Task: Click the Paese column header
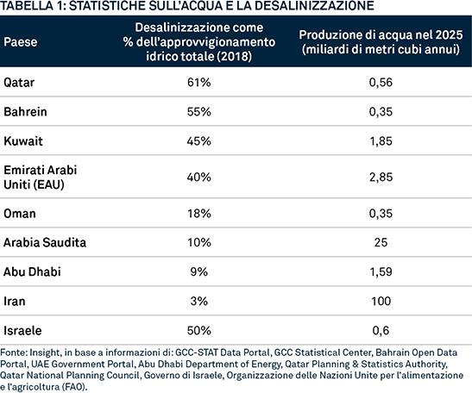click(21, 41)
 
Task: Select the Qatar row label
click(19, 83)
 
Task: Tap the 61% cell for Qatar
click(199, 83)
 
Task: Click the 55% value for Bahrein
click(199, 112)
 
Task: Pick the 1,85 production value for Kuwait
click(381, 141)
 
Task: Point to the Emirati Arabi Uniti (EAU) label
click(41, 177)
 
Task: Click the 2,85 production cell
click(381, 177)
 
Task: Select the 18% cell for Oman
click(199, 214)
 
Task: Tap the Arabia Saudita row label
click(45, 242)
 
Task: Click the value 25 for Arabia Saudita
click(381, 242)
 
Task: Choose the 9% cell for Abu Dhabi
click(199, 271)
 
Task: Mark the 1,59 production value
click(381, 271)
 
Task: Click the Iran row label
click(15, 301)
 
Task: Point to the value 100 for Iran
click(381, 301)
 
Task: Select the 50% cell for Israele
click(199, 330)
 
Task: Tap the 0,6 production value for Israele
click(381, 330)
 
